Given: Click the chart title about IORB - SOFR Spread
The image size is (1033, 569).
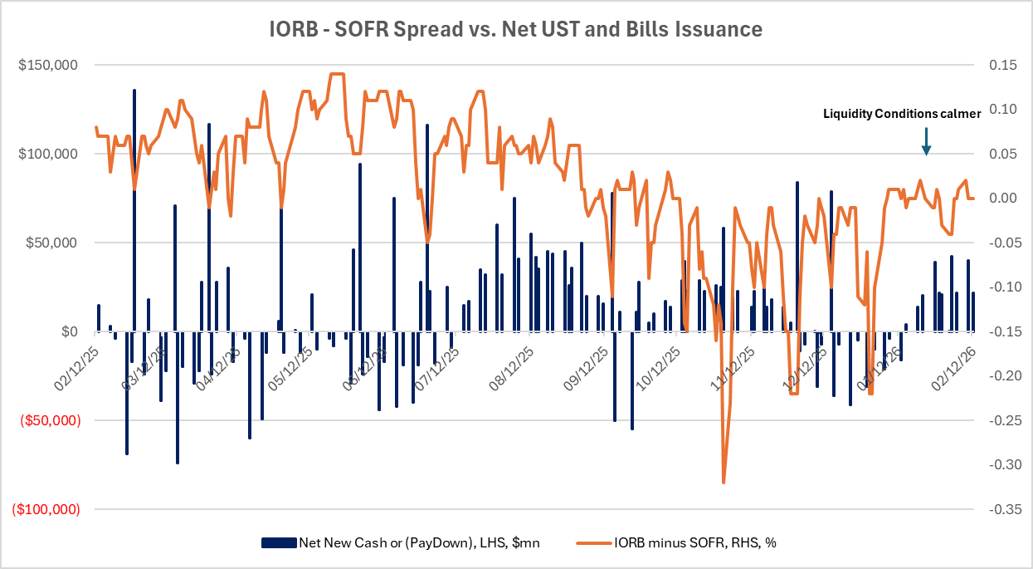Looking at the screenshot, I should (516, 30).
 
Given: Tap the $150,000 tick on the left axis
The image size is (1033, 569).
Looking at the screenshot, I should (48, 66).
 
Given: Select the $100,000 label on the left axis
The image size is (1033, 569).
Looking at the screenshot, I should (48, 155).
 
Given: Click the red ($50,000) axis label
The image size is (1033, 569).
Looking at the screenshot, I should (50, 421).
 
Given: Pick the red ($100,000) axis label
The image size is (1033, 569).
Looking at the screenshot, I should (46, 510).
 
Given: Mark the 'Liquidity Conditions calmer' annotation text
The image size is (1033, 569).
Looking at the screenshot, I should (901, 114).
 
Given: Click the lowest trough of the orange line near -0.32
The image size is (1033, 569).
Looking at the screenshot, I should (724, 482).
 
